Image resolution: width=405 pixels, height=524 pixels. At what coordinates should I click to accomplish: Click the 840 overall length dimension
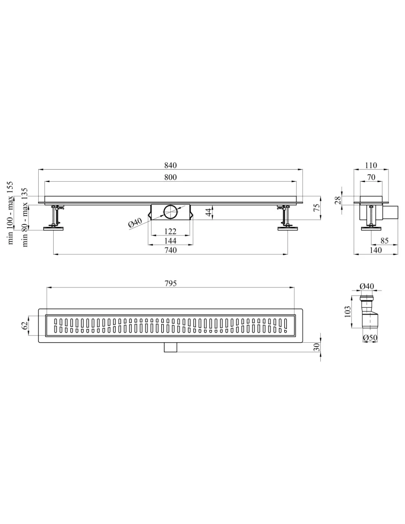(x=170, y=165)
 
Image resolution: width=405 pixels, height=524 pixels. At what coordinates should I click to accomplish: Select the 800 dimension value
(x=170, y=177)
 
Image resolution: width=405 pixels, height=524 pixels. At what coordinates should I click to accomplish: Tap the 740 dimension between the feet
(x=170, y=250)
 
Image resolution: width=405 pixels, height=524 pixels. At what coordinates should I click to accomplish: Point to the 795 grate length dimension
(x=170, y=283)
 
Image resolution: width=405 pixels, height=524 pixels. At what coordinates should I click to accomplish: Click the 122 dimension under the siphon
(x=170, y=231)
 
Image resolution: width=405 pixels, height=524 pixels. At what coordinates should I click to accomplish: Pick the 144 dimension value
(x=170, y=241)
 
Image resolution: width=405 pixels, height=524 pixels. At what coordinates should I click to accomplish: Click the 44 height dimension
(x=209, y=212)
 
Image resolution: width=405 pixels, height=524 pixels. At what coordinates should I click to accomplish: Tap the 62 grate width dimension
(x=25, y=325)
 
